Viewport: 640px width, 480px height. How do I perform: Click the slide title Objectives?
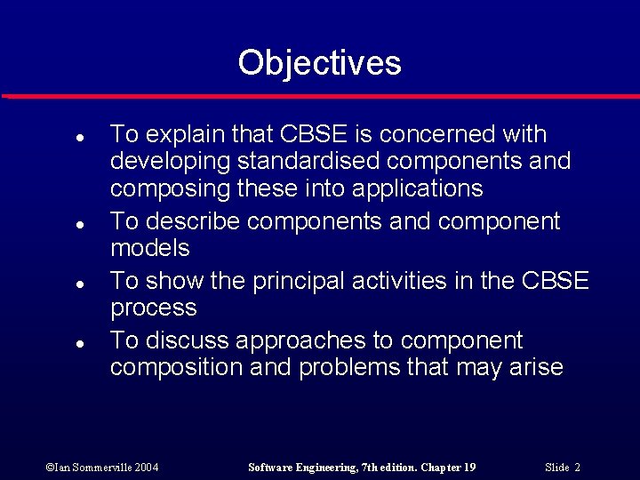click(319, 63)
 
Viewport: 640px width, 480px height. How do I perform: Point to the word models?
click(150, 248)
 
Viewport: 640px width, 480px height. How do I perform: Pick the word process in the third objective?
click(154, 308)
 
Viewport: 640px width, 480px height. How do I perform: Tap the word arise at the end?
click(537, 368)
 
